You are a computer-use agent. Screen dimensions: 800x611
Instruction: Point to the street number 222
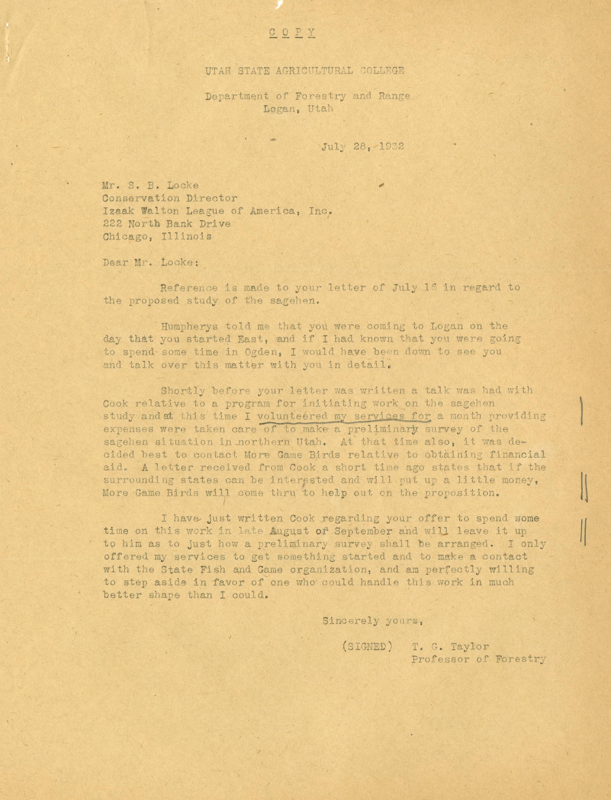(112, 223)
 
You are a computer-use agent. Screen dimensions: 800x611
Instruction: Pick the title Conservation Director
(170, 198)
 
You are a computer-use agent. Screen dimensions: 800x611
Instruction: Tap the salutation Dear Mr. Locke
(150, 262)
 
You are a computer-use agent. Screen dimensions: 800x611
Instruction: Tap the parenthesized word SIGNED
(367, 647)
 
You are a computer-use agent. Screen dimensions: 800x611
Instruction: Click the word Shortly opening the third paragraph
(183, 391)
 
